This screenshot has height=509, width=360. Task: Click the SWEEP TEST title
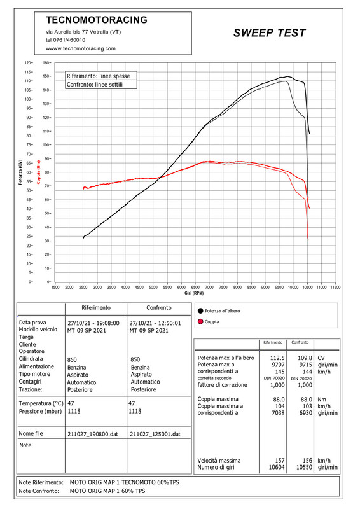click(x=270, y=33)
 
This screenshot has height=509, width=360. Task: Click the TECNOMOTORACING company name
click(x=97, y=20)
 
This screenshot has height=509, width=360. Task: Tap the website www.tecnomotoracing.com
click(x=81, y=48)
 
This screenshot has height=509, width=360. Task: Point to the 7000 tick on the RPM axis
click(x=209, y=288)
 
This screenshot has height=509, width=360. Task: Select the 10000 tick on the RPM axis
click(x=293, y=288)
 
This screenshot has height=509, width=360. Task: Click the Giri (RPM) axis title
click(x=194, y=293)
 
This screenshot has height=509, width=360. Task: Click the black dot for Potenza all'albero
click(x=200, y=311)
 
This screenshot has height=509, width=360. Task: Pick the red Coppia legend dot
click(x=200, y=322)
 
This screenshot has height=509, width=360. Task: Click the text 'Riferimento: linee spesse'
click(x=99, y=76)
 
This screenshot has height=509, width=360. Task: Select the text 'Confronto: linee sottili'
click(x=95, y=85)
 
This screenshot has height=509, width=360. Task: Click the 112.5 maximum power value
click(x=277, y=358)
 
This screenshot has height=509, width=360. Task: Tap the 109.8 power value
click(x=305, y=358)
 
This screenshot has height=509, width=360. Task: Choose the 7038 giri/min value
click(x=278, y=413)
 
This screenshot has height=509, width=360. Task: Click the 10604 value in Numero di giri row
click(x=277, y=468)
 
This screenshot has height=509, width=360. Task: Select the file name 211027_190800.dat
click(x=93, y=434)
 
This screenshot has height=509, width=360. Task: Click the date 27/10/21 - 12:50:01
click(x=155, y=323)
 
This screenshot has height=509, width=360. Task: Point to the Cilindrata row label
click(x=31, y=359)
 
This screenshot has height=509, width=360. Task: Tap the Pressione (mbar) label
click(x=40, y=411)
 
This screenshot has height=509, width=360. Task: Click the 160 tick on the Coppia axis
click(x=46, y=62)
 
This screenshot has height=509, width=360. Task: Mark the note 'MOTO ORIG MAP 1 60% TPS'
click(x=107, y=491)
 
